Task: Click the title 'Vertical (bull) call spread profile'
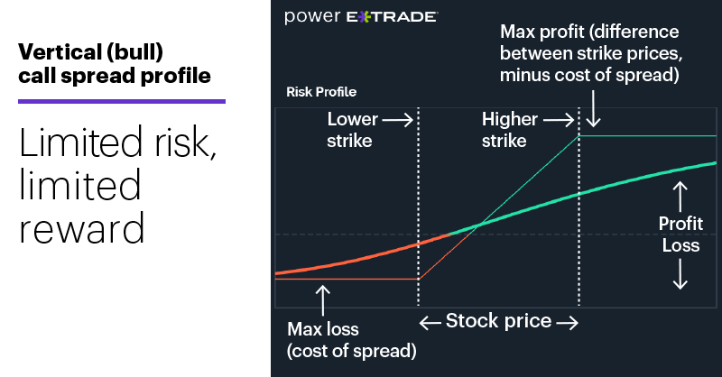coord(115,63)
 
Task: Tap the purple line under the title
coord(122,101)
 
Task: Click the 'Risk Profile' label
coord(321,92)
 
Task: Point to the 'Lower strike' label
coord(352,128)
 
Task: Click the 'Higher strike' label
coord(510,128)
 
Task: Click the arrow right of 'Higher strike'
coord(559,119)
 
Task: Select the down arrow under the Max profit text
coord(593,113)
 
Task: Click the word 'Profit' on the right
coord(680,224)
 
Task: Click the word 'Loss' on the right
coord(680,244)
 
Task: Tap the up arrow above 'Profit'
coord(680,194)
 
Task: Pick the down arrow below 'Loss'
coord(680,274)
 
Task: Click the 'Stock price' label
coord(498,321)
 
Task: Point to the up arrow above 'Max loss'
coord(323,299)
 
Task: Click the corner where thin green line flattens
coord(578,135)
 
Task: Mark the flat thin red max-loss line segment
coord(347,279)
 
